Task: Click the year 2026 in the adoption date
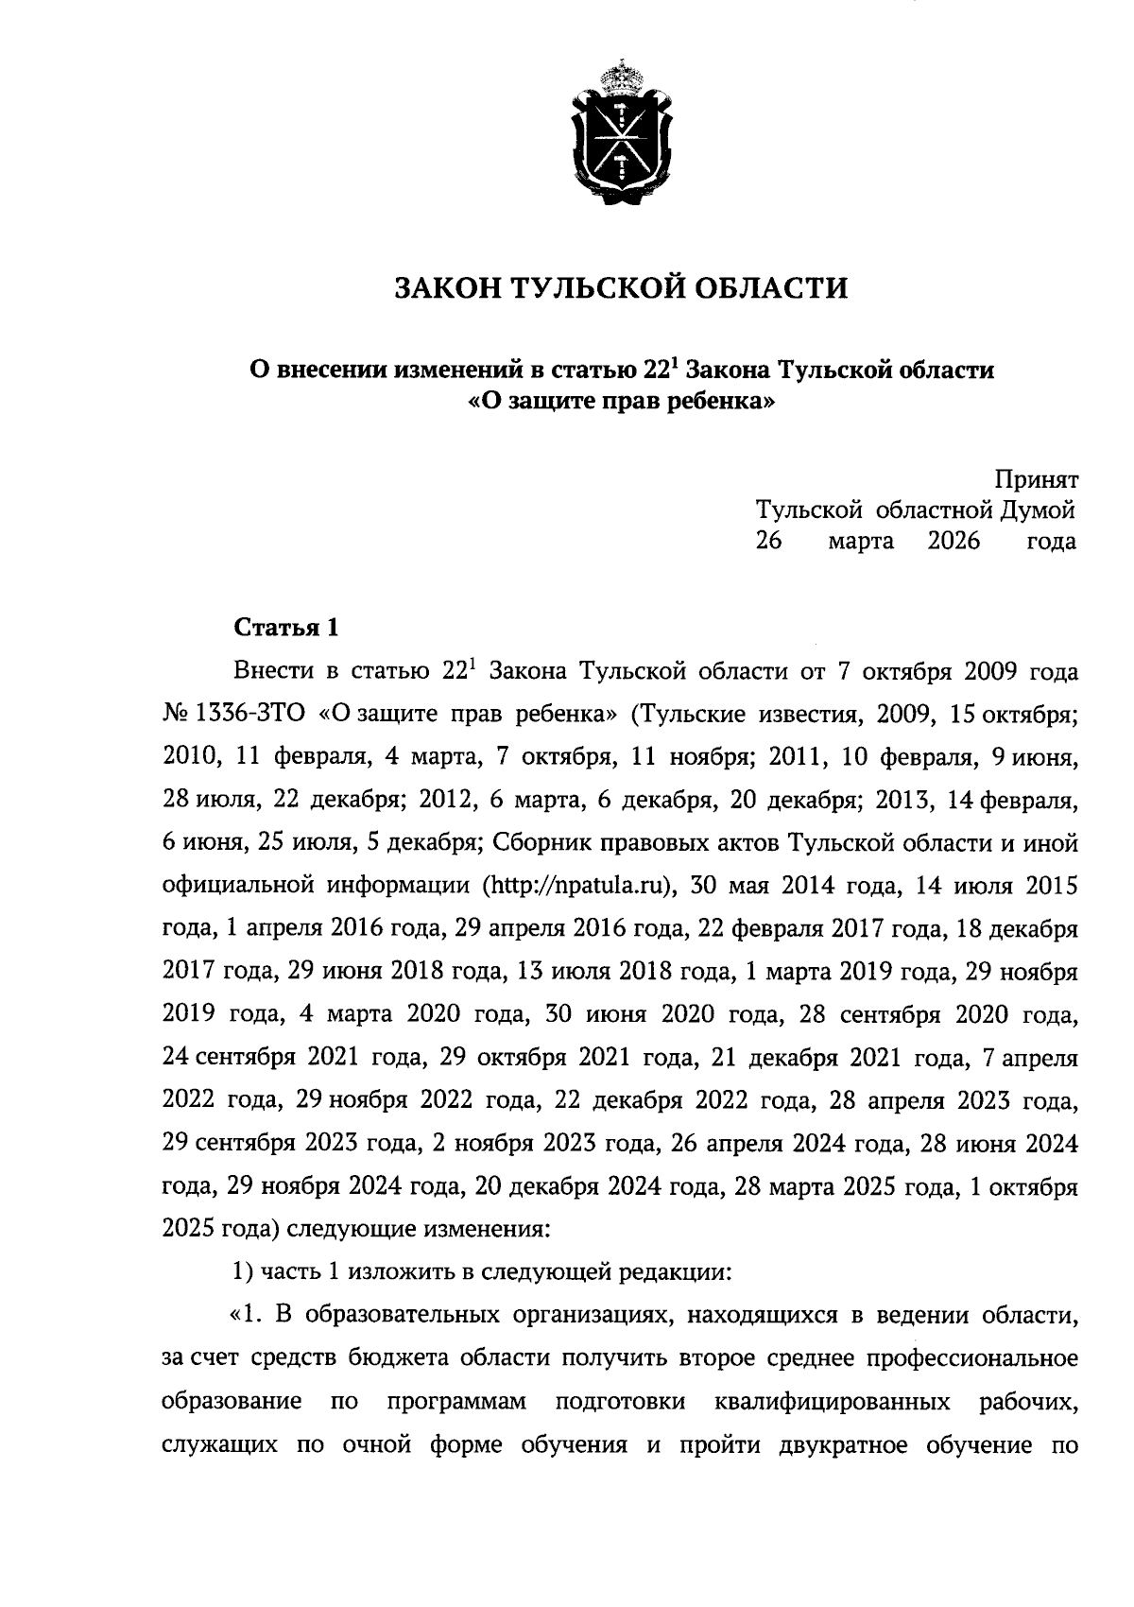coord(954,542)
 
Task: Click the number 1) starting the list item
coord(242,1272)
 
